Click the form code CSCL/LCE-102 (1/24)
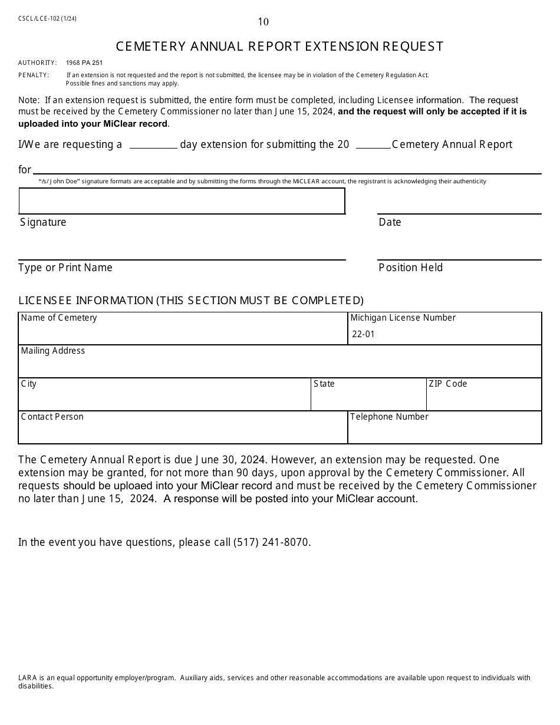click(47, 18)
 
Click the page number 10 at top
click(263, 22)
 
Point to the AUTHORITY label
click(38, 62)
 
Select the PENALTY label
click(34, 75)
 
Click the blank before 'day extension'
click(153, 144)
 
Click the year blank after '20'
click(373, 144)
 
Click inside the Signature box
click(182, 201)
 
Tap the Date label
click(390, 222)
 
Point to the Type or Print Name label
click(65, 268)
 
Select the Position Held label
click(410, 268)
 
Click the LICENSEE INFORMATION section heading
click(191, 301)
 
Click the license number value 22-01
click(363, 334)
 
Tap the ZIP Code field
click(483, 398)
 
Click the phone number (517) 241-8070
click(271, 542)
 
